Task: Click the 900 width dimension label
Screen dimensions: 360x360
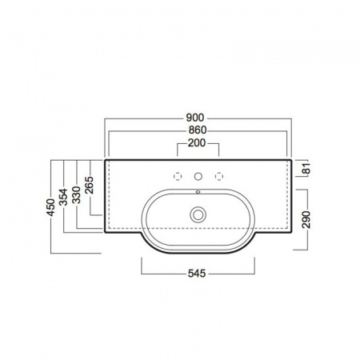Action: [x=195, y=118]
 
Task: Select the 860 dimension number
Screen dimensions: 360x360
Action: [x=198, y=130]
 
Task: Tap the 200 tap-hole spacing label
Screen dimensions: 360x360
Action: [x=197, y=143]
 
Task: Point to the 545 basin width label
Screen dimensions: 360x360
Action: [x=197, y=274]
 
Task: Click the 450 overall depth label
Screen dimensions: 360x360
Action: [x=50, y=207]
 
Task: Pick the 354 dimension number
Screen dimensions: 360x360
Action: [x=63, y=197]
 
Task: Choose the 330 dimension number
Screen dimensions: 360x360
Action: [x=77, y=195]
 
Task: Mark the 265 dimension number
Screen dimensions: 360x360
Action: [x=89, y=185]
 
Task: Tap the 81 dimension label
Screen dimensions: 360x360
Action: [x=307, y=168]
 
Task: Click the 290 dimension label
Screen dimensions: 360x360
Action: [x=306, y=219]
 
